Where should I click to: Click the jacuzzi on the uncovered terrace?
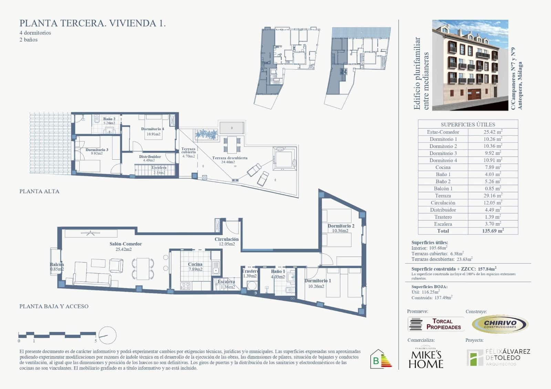(x=284, y=158)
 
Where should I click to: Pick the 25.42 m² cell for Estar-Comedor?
(x=492, y=132)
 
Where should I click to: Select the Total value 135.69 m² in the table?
(x=492, y=231)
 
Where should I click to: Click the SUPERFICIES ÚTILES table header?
(x=468, y=124)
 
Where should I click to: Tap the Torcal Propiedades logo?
(x=436, y=324)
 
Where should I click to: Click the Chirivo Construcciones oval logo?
(x=500, y=324)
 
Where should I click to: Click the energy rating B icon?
(x=381, y=359)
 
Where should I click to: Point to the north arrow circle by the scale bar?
(x=107, y=335)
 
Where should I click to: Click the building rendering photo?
(x=470, y=65)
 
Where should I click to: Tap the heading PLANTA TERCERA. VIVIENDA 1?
(x=93, y=23)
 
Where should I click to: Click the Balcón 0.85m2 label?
(x=57, y=267)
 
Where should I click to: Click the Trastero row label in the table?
(x=443, y=217)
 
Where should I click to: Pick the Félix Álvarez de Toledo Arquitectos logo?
(x=498, y=357)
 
